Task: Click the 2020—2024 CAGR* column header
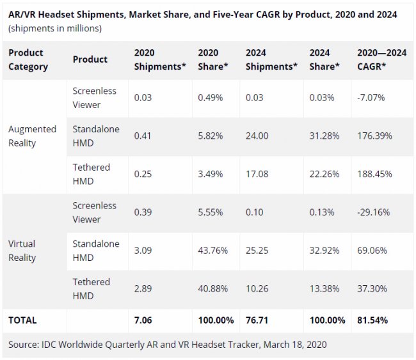tap(380, 59)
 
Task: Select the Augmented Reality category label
tap(32, 136)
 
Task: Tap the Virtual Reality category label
tap(22, 251)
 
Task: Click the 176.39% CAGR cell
tap(374, 136)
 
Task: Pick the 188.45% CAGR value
tap(374, 174)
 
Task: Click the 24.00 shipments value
tap(257, 136)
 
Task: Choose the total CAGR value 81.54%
tap(374, 320)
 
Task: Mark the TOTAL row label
tap(22, 320)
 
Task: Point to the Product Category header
tap(28, 59)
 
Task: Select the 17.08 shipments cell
tap(257, 174)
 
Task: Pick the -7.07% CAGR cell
tap(371, 97)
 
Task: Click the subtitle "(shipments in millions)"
tap(54, 28)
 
